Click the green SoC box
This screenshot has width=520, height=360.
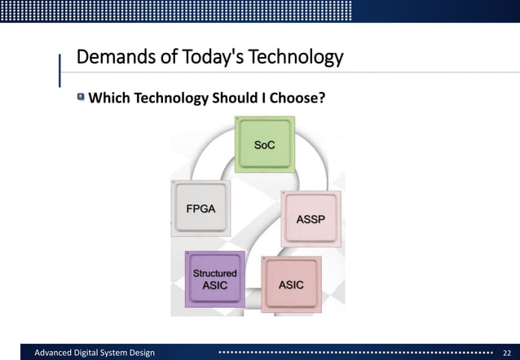pyautogui.click(x=265, y=144)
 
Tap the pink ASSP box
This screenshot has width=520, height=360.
pyautogui.click(x=311, y=219)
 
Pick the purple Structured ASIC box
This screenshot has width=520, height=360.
pyautogui.click(x=214, y=279)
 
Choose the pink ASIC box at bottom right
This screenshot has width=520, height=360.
pyautogui.click(x=291, y=284)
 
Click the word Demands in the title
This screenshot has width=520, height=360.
pyautogui.click(x=110, y=59)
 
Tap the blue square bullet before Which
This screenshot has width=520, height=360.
pyautogui.click(x=81, y=98)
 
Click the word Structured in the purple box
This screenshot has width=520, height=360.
pyautogui.click(x=214, y=273)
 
